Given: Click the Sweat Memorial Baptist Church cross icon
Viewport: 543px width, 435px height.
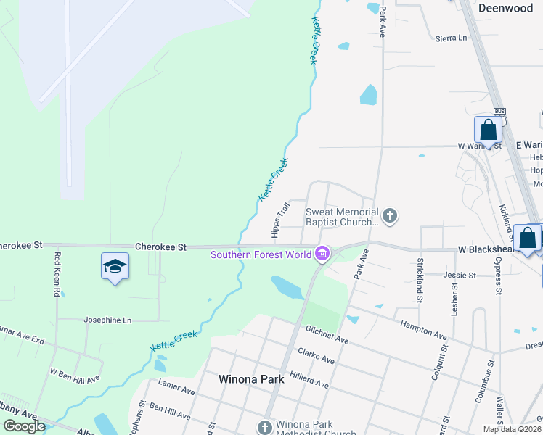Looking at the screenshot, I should tap(390, 215).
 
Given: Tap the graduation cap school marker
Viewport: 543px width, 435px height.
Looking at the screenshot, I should tap(115, 267).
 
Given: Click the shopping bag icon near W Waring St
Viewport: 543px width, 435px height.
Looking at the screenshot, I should tap(489, 130).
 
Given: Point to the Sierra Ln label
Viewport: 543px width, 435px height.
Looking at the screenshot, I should tap(452, 38).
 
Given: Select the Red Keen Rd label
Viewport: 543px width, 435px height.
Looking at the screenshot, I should tap(57, 273).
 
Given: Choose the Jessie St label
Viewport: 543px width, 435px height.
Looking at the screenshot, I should tap(460, 275).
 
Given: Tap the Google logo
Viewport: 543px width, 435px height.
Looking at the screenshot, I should tap(24, 426).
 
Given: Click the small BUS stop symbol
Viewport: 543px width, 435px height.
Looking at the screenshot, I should tap(499, 111).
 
